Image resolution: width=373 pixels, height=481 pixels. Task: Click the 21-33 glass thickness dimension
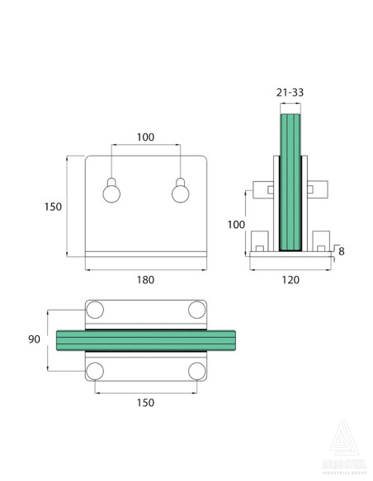coord(290,94)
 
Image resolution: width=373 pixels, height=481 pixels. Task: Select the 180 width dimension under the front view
coord(145,279)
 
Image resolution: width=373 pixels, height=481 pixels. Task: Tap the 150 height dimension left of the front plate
coord(53,207)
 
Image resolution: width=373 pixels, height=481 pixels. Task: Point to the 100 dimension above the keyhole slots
coord(145,137)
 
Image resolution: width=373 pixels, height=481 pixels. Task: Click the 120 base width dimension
coord(290,279)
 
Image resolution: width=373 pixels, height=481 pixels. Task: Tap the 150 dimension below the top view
coord(144,402)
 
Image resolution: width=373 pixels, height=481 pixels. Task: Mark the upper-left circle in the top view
coord(95,310)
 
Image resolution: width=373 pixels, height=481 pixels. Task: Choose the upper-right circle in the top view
coord(196,310)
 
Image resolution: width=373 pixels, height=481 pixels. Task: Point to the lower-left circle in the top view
coord(95,370)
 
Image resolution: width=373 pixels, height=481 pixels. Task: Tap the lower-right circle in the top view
coord(196,370)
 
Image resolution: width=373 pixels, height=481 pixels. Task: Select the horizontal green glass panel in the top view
coord(145,339)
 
